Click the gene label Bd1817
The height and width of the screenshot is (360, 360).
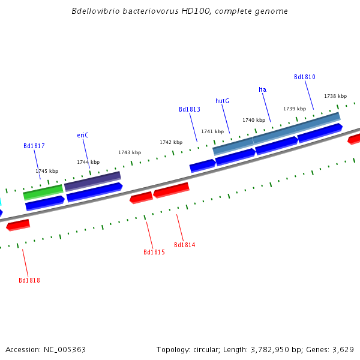[34, 146]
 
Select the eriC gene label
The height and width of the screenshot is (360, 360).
[83, 135]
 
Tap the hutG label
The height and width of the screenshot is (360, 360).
[222, 101]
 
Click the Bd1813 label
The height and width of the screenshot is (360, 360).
[190, 109]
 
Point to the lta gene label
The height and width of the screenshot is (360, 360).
[262, 89]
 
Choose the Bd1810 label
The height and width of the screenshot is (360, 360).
[304, 77]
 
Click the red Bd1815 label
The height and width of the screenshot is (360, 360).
[154, 252]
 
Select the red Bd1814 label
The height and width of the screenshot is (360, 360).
[184, 245]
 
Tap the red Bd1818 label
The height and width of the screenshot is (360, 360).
[29, 280]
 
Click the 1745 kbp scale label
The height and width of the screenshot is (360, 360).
[47, 171]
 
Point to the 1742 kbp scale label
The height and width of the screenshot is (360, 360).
[171, 142]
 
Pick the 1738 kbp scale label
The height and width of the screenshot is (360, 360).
[335, 96]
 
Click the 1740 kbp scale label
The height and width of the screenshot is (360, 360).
[254, 120]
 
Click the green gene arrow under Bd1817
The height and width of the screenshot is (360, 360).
[43, 192]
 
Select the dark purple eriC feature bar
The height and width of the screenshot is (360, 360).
[92, 181]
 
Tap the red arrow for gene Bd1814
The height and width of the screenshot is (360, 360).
[172, 190]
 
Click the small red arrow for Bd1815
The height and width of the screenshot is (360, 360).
[141, 197]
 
